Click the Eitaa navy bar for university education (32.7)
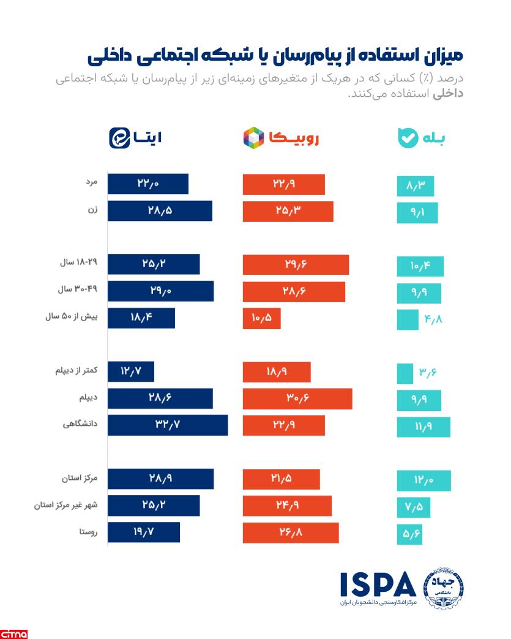pos(168,425)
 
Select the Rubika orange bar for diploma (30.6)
pos(297,398)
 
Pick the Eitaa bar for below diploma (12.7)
pos(131,372)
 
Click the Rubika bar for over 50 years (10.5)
pos(261,318)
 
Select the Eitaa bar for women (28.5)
pos(160,211)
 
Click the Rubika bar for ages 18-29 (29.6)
pos(296,265)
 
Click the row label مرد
pos(92,184)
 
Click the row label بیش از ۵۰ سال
pos(70,318)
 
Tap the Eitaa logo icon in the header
pos(121,137)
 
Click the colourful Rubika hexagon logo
pos(253,137)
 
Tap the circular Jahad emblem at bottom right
pos(443,587)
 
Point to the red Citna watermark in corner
pos(13,632)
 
